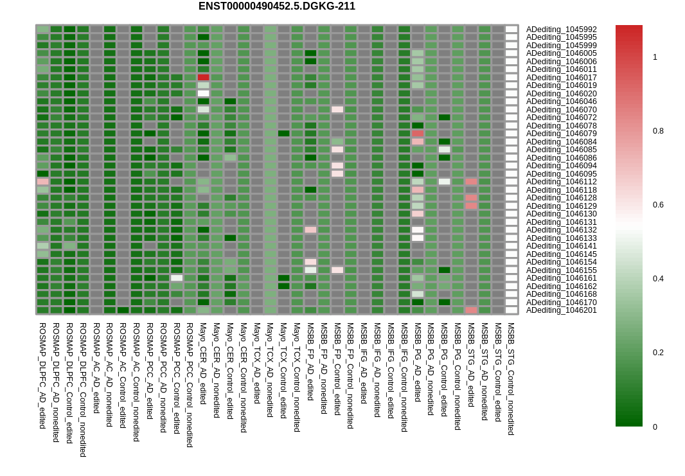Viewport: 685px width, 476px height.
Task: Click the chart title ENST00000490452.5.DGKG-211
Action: point(276,6)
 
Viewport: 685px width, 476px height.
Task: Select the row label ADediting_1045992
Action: point(561,30)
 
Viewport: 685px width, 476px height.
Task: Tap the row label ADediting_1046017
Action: point(561,77)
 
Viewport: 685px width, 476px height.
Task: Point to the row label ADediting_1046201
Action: point(561,310)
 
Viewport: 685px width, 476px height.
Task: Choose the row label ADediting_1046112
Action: point(561,182)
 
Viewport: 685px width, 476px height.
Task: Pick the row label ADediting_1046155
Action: point(561,270)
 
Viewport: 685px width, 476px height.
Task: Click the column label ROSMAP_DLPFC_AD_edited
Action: point(42,376)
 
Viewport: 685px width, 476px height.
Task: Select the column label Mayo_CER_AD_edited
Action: point(203,364)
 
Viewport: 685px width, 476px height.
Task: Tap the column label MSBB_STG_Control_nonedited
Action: point(511,378)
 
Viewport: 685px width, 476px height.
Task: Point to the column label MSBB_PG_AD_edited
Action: point(417,362)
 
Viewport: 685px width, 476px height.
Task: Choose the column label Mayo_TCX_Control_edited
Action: point(283,370)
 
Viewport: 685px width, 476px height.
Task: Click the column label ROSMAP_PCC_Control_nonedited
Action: point(190,385)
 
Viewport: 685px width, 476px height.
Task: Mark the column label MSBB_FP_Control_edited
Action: point(337,369)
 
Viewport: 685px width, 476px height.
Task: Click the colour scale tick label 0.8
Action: point(658,131)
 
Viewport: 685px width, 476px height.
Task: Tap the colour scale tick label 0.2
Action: point(658,353)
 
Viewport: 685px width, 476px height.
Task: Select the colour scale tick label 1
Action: point(655,57)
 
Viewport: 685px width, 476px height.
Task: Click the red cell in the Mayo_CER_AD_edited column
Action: point(204,77)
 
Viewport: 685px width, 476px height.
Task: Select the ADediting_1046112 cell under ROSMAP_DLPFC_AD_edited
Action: point(43,182)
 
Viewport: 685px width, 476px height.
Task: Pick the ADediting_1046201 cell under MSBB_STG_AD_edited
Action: point(472,310)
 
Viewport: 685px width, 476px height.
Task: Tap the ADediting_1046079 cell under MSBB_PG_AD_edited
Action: point(418,133)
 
